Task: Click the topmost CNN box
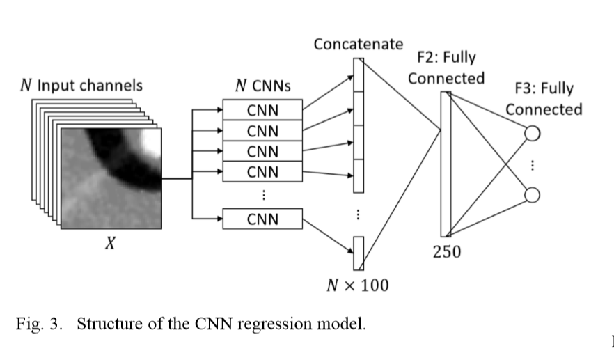click(262, 109)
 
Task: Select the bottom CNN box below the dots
click(262, 219)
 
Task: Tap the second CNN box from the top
click(262, 130)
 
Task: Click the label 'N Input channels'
click(81, 86)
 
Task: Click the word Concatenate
click(358, 45)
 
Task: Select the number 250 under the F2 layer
click(447, 252)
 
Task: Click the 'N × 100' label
click(358, 285)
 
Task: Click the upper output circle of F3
click(532, 132)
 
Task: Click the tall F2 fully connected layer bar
click(446, 164)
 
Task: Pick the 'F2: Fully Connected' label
click(446, 68)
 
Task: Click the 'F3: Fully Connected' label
click(543, 99)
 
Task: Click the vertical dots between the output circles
click(533, 165)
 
